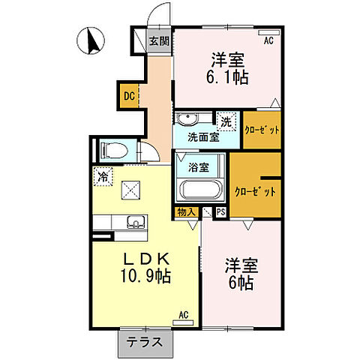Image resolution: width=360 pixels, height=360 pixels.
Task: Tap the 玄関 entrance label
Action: pyautogui.click(x=158, y=40)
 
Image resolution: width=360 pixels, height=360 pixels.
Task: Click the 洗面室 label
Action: pyautogui.click(x=203, y=137)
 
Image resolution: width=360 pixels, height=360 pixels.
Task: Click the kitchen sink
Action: pyautogui.click(x=136, y=221)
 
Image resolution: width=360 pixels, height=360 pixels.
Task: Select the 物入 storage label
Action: pyautogui.click(x=186, y=212)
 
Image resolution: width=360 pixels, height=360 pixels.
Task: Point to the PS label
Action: pyautogui.click(x=220, y=212)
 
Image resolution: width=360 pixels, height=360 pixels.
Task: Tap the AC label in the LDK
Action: pyautogui.click(x=184, y=316)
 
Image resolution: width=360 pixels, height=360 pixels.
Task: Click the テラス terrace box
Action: pyautogui.click(x=145, y=339)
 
